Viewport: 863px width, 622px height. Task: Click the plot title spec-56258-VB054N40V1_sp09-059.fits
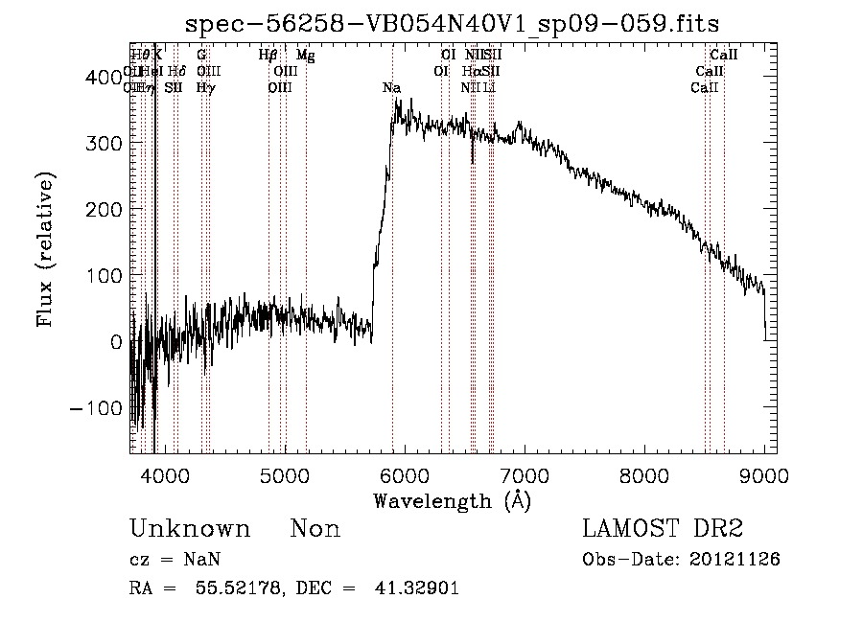[x=453, y=22]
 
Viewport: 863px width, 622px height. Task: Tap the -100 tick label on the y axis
[x=91, y=408]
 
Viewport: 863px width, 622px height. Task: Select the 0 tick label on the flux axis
[x=115, y=342]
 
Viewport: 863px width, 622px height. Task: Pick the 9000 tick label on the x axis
[x=764, y=475]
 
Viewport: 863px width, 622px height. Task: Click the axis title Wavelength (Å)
[x=452, y=500]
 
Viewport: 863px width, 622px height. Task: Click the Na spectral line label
[x=391, y=88]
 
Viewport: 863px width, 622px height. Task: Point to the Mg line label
[x=305, y=56]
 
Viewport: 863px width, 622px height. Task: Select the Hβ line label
[x=268, y=56]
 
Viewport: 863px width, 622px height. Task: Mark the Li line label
[x=489, y=88]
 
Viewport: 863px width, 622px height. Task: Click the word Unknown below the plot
[x=190, y=530]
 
